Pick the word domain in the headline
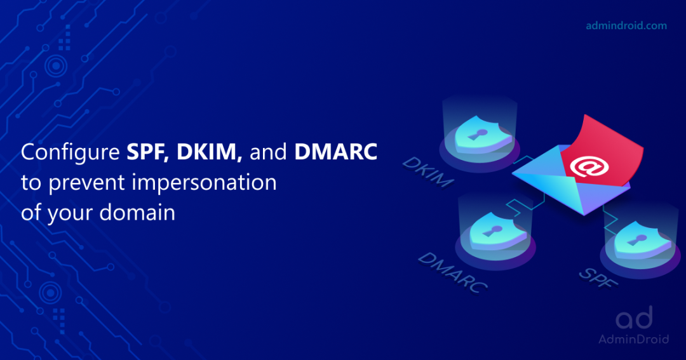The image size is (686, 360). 137,212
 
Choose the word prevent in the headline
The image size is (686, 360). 78,183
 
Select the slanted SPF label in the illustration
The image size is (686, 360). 598,277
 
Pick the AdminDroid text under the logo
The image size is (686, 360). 633,339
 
